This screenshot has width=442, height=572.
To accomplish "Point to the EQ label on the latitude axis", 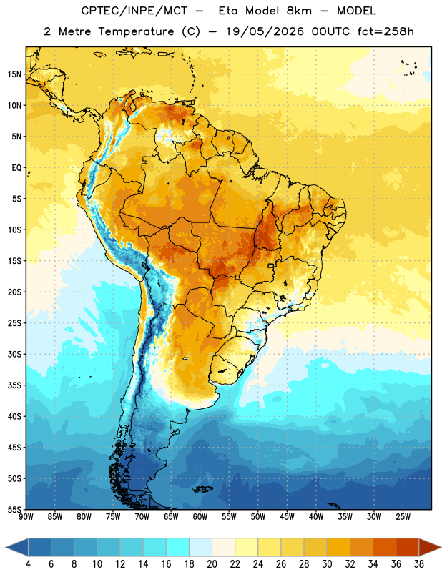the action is [x=16, y=168].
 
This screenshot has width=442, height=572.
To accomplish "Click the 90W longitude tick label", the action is [x=26, y=517].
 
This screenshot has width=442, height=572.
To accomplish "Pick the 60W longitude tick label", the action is [x=200, y=517].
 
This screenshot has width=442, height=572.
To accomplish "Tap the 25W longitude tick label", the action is [x=403, y=517].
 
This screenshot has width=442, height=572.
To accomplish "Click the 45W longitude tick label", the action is [x=287, y=517].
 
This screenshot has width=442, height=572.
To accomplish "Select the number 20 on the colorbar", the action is [x=212, y=564].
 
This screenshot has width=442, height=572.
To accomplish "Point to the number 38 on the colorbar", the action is [x=419, y=564].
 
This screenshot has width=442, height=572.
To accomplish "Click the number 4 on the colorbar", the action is [x=28, y=564].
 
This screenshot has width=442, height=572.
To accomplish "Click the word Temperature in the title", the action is [x=136, y=31].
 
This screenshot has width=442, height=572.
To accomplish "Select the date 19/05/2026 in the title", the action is [x=265, y=31].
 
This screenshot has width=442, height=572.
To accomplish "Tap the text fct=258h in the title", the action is [x=385, y=31].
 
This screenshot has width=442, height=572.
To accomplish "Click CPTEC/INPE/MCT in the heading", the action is [x=134, y=11].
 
